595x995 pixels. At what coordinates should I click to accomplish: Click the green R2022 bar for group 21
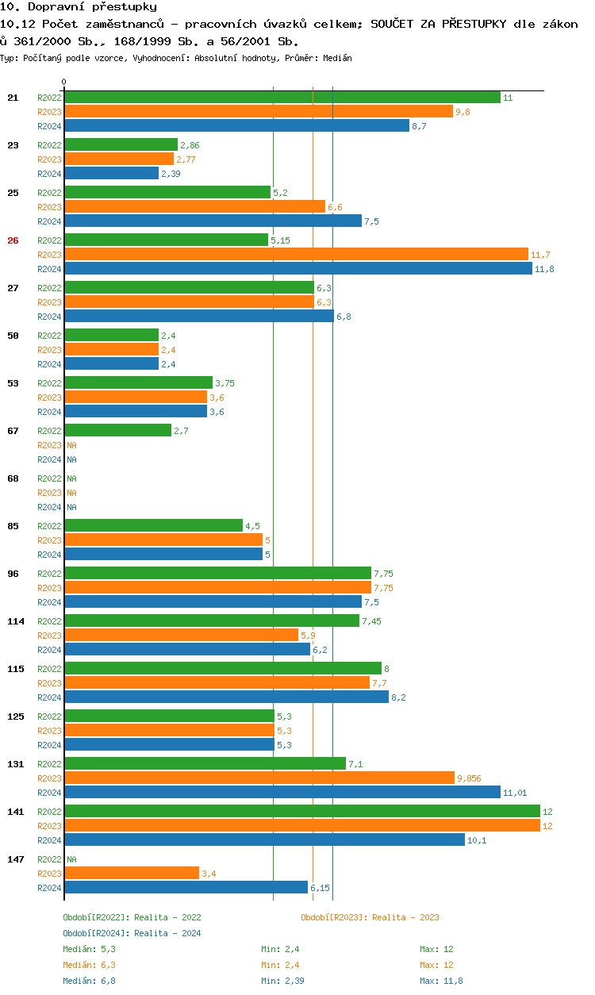[282, 98]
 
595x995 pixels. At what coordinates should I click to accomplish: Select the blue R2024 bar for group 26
[297, 269]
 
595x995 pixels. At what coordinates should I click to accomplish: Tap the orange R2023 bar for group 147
[131, 874]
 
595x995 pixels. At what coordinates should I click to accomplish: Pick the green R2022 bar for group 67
[117, 431]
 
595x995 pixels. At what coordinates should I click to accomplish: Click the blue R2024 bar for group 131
[282, 793]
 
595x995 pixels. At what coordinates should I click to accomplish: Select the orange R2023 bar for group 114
[181, 636]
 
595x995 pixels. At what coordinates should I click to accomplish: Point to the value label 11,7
[540, 255]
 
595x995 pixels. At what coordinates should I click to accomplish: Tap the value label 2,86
[190, 145]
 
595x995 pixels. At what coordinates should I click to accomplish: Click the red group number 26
[13, 240]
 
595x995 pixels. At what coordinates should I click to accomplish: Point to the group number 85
[13, 526]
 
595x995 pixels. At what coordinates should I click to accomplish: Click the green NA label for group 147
[71, 859]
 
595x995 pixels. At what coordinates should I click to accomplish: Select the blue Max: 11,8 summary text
[441, 981]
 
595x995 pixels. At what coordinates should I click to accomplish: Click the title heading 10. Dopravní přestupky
[79, 7]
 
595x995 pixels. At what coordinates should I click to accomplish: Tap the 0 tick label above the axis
[64, 82]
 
